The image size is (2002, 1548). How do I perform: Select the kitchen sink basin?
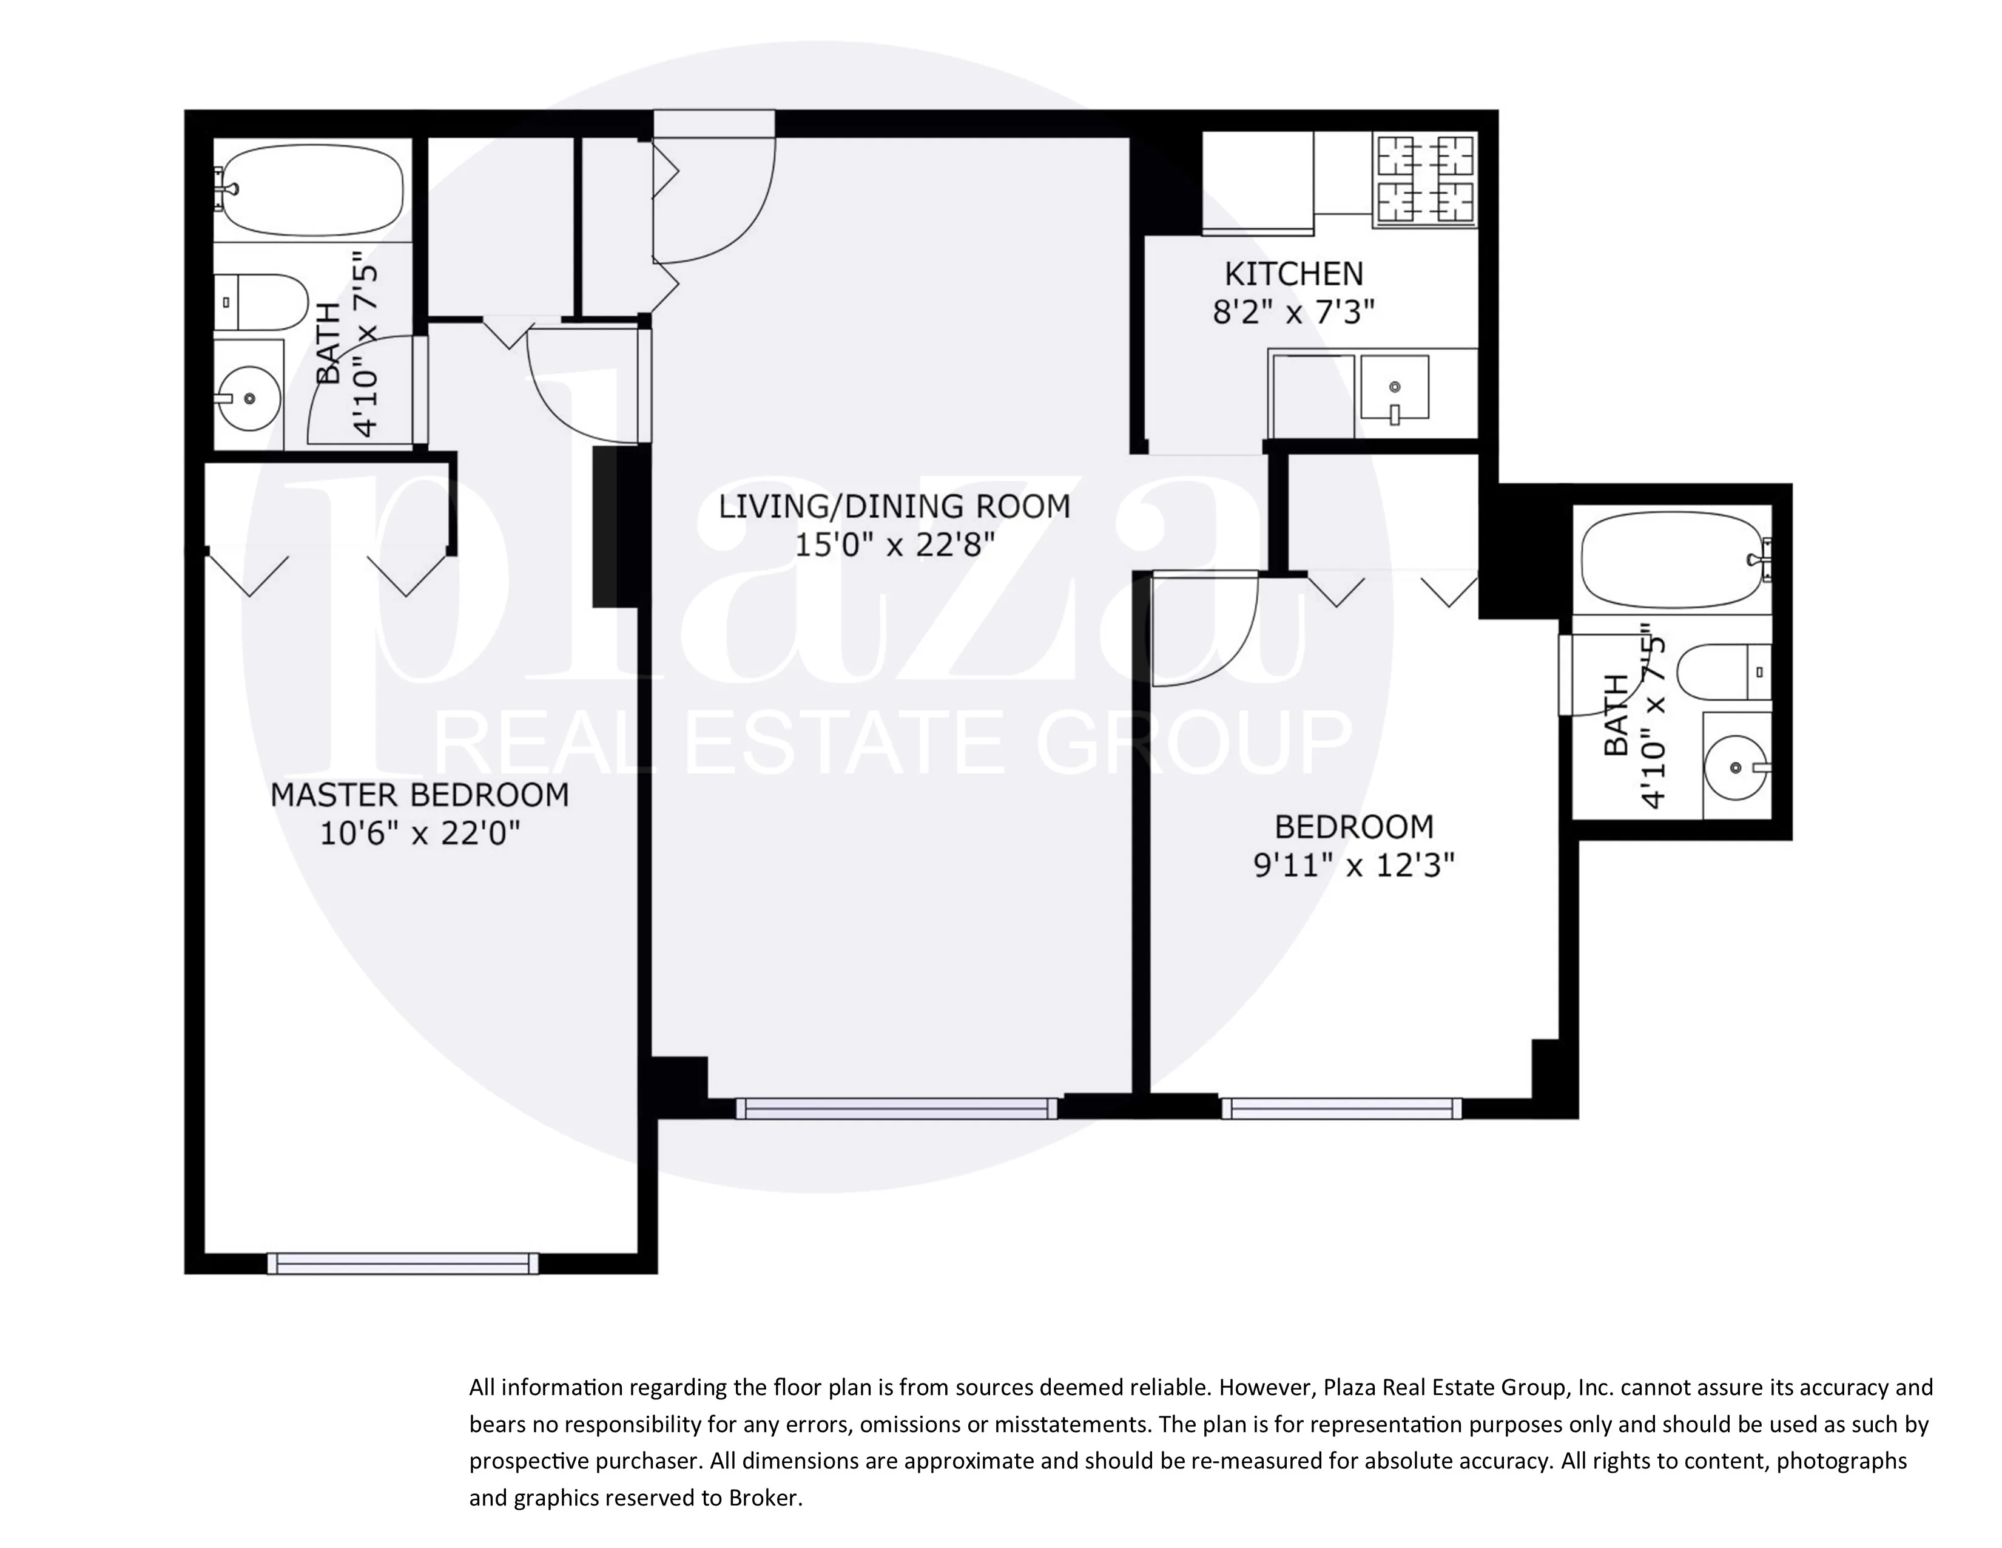click(x=1394, y=388)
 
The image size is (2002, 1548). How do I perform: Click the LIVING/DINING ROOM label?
click(x=894, y=506)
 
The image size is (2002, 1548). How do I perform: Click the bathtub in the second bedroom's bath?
click(x=1671, y=560)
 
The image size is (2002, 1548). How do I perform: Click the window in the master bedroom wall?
click(x=403, y=1264)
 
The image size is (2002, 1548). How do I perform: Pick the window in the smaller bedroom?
click(x=1341, y=1108)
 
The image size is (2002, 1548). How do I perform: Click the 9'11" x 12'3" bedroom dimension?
click(x=1354, y=865)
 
